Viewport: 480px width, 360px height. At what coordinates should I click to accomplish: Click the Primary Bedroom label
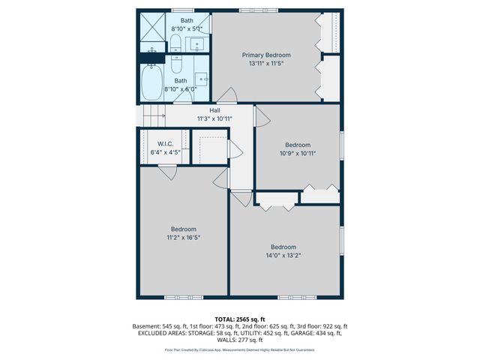(266, 55)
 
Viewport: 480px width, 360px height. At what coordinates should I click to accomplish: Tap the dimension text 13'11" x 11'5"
(266, 63)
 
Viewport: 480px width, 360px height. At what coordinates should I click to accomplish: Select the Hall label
(214, 109)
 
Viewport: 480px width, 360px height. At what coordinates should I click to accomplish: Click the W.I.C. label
(166, 143)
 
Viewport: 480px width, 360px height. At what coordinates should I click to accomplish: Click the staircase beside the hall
(153, 115)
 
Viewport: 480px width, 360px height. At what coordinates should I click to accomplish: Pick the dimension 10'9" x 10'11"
(297, 153)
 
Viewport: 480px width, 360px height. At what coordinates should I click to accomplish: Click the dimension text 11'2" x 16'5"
(183, 237)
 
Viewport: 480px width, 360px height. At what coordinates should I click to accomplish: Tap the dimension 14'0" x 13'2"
(283, 255)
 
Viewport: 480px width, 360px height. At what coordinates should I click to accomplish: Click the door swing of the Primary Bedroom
(228, 96)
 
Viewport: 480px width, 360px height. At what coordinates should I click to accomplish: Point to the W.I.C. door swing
(166, 172)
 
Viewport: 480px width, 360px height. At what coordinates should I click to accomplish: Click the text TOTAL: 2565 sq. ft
(240, 319)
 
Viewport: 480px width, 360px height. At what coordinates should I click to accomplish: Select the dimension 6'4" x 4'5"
(166, 152)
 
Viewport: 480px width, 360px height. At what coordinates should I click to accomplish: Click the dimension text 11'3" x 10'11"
(214, 118)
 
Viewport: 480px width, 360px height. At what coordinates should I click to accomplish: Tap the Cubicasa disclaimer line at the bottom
(240, 349)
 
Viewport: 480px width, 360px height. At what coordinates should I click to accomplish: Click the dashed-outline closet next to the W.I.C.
(209, 146)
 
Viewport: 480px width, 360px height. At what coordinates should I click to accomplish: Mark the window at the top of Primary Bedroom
(255, 10)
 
